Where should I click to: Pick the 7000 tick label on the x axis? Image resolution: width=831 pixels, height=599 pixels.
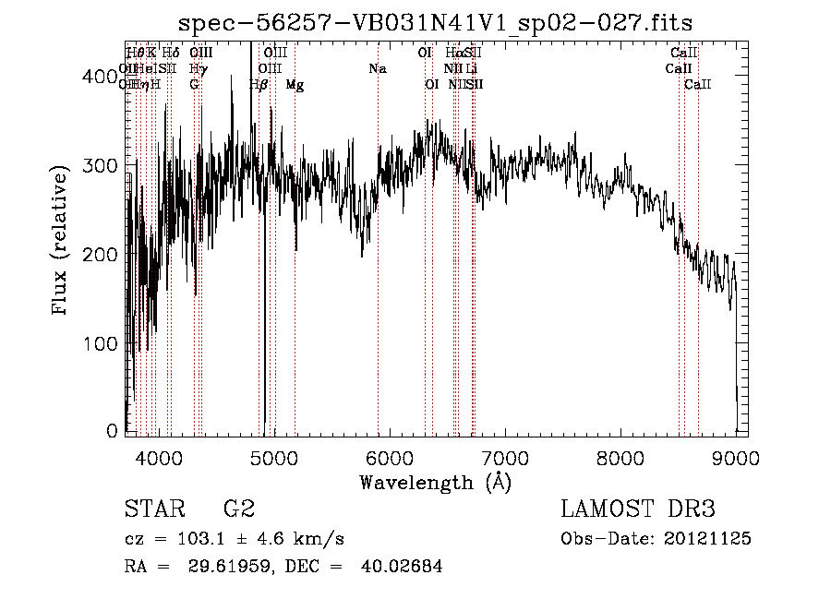click(505, 457)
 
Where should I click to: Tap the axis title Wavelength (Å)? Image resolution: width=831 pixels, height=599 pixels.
click(435, 482)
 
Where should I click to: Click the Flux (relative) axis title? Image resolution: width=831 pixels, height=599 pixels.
click(61, 242)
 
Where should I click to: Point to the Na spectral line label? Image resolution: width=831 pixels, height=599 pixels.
click(377, 69)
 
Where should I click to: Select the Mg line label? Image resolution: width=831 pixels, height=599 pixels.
click(295, 85)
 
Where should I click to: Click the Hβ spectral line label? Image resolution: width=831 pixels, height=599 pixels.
click(259, 85)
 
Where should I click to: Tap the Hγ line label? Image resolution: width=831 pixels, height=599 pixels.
click(198, 69)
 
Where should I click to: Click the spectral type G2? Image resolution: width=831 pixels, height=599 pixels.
click(239, 509)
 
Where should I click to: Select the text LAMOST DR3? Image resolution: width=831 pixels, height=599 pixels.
click(638, 509)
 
